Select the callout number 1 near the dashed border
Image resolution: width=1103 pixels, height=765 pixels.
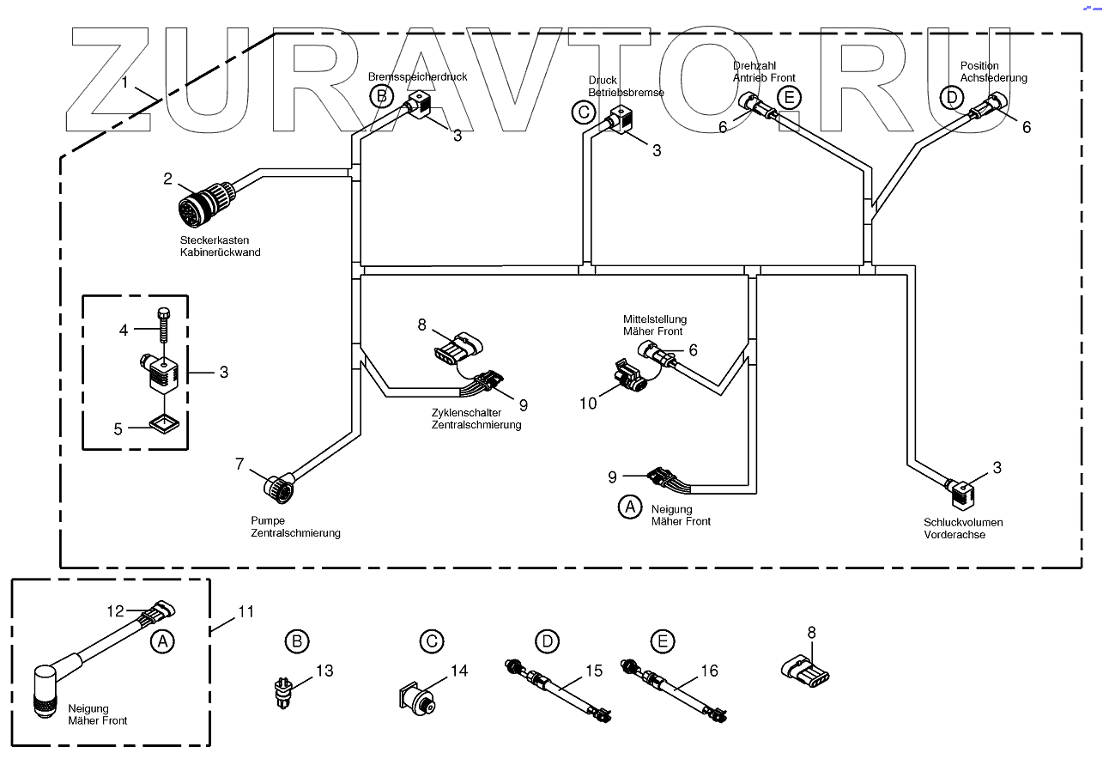(125, 83)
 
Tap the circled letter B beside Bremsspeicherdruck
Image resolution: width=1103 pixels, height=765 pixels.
(382, 96)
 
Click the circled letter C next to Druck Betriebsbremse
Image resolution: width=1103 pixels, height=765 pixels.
(583, 112)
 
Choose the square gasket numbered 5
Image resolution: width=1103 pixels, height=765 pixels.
(162, 424)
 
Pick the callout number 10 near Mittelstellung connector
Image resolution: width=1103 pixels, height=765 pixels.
(588, 401)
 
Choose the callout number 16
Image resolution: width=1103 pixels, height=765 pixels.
(708, 671)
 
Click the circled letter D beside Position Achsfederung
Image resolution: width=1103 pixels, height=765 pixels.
(951, 97)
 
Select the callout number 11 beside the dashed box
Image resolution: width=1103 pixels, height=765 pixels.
(246, 612)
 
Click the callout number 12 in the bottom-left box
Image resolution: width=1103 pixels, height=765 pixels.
(116, 611)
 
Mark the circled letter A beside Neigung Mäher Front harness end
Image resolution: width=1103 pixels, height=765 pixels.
(631, 507)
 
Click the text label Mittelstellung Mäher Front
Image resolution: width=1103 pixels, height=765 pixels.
(654, 325)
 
